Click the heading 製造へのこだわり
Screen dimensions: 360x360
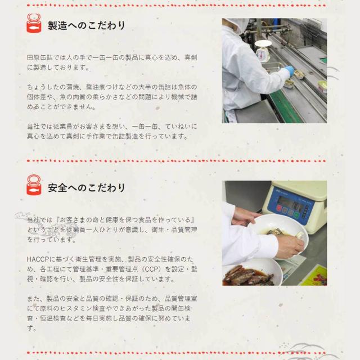[x=86, y=25]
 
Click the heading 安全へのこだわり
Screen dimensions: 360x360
[x=86, y=187]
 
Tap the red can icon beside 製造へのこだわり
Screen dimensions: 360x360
[x=34, y=23]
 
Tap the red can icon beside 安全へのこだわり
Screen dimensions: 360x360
[x=34, y=185]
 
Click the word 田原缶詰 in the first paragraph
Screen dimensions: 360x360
[x=40, y=57]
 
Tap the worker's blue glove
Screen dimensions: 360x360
[x=290, y=70]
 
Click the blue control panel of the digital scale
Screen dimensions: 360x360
[x=291, y=208]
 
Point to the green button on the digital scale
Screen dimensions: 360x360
[x=296, y=215]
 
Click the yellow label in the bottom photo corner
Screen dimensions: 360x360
[x=314, y=276]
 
